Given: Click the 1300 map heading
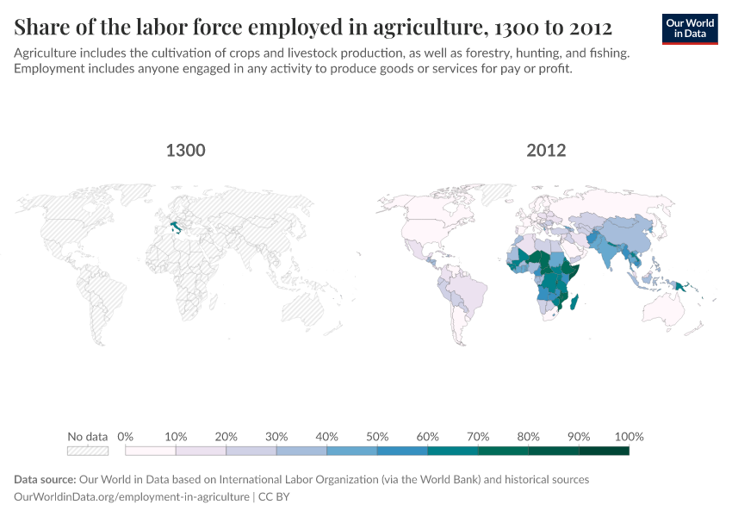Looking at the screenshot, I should click(x=185, y=151).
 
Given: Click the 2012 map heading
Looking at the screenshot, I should click(x=546, y=151).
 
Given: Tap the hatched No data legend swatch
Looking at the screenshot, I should click(x=88, y=451).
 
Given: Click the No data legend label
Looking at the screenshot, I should click(x=88, y=436).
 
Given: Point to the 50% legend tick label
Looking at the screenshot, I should click(x=377, y=436).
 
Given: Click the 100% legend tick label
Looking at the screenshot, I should click(x=629, y=436).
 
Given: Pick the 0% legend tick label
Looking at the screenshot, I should click(x=126, y=436).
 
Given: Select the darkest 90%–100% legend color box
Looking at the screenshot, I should click(x=604, y=451).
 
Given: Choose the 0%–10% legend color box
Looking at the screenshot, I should click(x=151, y=451).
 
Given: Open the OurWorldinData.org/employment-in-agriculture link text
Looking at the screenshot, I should click(x=131, y=496).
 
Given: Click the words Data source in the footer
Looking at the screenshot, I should click(x=45, y=479).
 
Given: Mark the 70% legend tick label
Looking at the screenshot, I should click(x=478, y=436).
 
